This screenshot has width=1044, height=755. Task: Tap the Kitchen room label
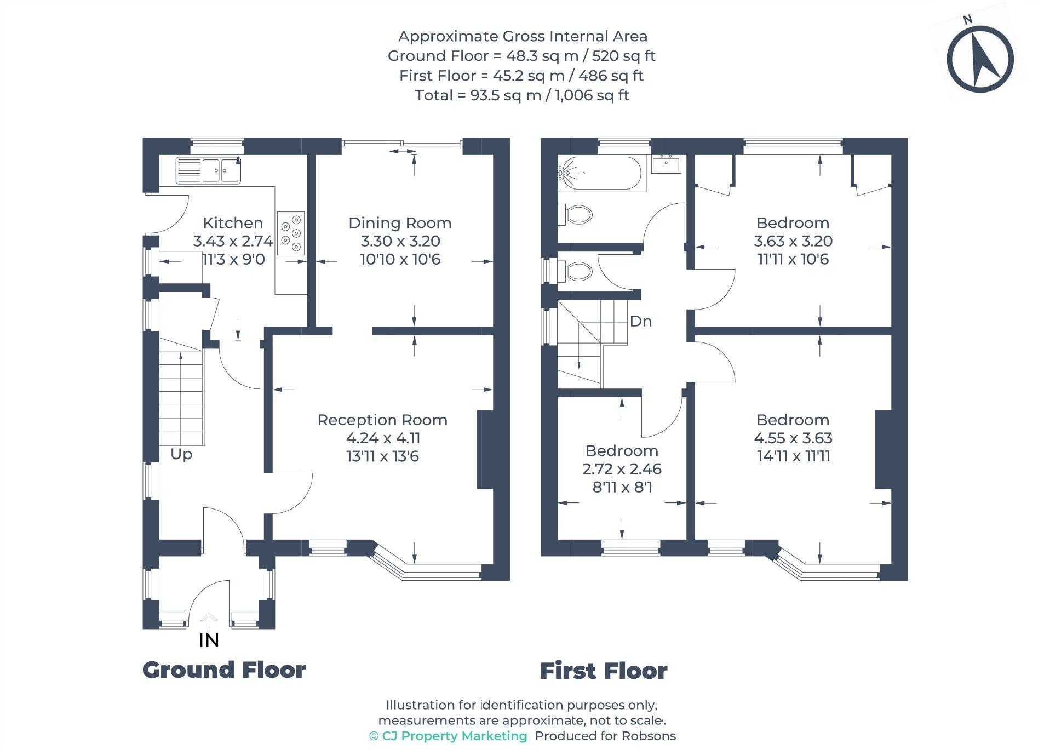tap(233, 223)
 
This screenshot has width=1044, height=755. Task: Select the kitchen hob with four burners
tap(291, 233)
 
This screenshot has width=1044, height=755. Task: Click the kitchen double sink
tap(208, 170)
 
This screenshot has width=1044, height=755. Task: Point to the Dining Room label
tap(400, 223)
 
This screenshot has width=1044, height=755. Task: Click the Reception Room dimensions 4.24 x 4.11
tap(383, 438)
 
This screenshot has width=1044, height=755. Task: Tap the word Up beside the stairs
tap(181, 454)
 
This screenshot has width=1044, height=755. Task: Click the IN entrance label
tap(209, 640)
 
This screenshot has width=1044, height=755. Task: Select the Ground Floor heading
tap(224, 670)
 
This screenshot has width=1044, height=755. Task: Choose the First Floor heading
tap(604, 671)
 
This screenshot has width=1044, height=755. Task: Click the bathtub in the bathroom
tap(601, 173)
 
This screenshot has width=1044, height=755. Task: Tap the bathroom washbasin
tap(666, 164)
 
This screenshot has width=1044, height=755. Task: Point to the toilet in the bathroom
tap(575, 214)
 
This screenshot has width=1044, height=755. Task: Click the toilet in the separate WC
tap(575, 271)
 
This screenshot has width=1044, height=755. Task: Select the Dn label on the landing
tap(641, 321)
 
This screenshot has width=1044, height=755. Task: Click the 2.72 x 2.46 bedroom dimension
tap(622, 469)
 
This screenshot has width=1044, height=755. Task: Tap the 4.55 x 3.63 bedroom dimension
tap(793, 438)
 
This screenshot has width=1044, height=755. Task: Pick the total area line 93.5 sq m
tap(522, 95)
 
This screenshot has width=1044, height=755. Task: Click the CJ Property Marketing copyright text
tap(448, 736)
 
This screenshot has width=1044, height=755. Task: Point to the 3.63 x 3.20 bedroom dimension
tap(793, 241)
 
